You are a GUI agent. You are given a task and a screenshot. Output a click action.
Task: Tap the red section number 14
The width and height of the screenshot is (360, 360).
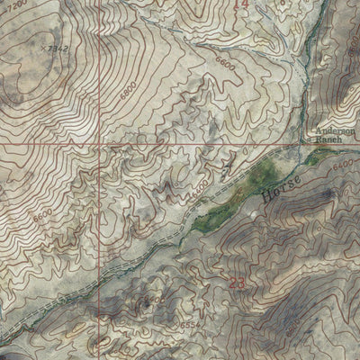pyautogui.click(x=239, y=5)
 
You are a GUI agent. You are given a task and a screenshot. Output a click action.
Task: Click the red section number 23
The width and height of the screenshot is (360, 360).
pyautogui.click(x=237, y=283)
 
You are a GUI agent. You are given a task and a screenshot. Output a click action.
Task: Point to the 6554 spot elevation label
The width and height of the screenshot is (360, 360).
pyautogui.click(x=158, y=328)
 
